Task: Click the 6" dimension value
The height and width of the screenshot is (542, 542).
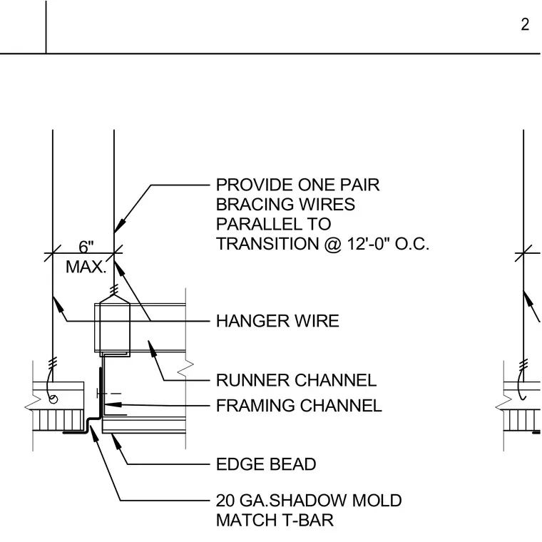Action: click(x=86, y=247)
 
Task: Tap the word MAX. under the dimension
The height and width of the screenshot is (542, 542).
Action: click(x=86, y=267)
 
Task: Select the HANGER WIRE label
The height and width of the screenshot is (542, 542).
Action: click(x=277, y=321)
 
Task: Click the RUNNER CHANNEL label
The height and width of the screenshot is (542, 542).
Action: click(x=296, y=380)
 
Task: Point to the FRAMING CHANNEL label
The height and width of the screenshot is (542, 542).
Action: click(x=299, y=406)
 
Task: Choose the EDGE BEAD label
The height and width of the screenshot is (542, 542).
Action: click(x=266, y=464)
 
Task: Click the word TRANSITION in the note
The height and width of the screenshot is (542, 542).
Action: click(x=267, y=244)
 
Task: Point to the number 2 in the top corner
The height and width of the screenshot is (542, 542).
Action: click(x=525, y=24)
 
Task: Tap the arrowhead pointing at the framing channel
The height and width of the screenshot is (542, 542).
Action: click(x=113, y=404)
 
